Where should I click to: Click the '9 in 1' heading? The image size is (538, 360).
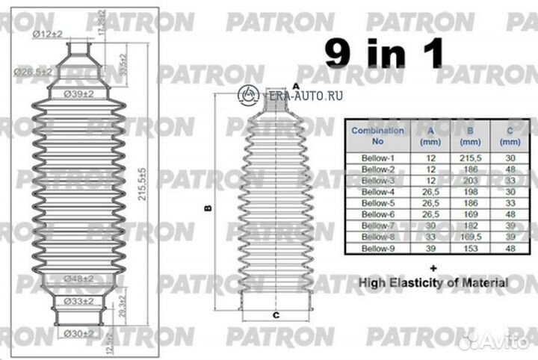click(383, 53)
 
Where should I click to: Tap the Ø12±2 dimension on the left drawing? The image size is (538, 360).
click(47, 34)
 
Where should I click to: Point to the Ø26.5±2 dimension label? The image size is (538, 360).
click(33, 72)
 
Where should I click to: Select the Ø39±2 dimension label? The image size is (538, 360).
click(78, 94)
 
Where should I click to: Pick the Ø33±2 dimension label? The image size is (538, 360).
click(77, 301)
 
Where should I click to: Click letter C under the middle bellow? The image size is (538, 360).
click(276, 316)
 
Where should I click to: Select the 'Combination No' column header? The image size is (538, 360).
click(377, 135)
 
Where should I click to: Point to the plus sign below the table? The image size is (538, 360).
click(433, 267)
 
